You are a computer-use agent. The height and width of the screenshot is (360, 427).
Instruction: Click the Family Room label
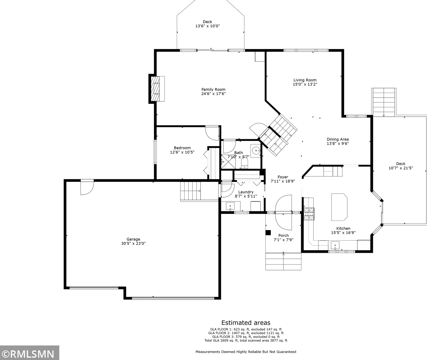pos(213,89)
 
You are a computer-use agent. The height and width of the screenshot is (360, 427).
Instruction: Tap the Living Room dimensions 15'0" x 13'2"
pos(305,84)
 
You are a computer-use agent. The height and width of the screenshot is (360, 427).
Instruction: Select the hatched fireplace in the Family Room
pos(155,89)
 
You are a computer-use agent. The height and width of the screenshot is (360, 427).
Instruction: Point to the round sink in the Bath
pos(256,151)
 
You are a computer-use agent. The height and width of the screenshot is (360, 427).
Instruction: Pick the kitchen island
pos(339,207)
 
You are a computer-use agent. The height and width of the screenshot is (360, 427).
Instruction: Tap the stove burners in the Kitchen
pos(309,214)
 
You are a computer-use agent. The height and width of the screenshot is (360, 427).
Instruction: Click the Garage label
pos(133,239)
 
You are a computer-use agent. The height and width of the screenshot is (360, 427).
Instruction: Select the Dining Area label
pos(338,139)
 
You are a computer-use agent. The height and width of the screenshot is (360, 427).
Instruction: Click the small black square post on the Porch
pos(268,233)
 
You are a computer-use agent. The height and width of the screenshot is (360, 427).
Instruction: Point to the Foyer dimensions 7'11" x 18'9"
pos(283,181)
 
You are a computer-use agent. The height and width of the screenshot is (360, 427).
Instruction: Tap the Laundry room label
pos(246,192)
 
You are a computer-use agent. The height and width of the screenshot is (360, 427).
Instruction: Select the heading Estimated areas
pos(246,323)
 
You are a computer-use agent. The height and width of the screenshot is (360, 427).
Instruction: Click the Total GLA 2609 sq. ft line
pos(246,340)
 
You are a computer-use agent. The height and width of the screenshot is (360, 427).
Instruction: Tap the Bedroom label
pos(182,148)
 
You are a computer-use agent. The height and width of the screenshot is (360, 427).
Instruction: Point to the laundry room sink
pos(230,206)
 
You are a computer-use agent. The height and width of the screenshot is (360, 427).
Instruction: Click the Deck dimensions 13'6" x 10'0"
pos(208,26)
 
